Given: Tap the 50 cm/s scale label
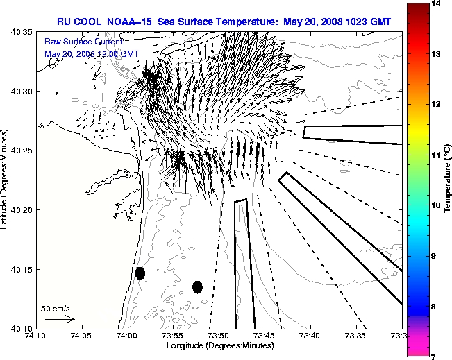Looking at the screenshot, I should pyautogui.click(x=56, y=308).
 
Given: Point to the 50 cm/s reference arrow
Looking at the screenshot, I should pyautogui.click(x=60, y=319).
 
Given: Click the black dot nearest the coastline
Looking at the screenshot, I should pyautogui.click(x=140, y=273).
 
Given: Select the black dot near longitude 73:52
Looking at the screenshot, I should pyautogui.click(x=197, y=286).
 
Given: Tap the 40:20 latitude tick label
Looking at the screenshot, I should pyautogui.click(x=22, y=209).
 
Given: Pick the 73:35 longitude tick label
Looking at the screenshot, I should pyautogui.click(x=355, y=336).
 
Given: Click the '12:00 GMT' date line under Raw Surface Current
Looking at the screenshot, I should pyautogui.click(x=91, y=53).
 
